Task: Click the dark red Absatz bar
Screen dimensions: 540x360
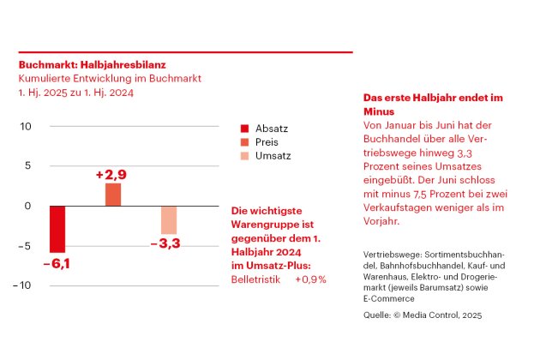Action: (57, 229)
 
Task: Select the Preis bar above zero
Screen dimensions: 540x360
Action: (113, 195)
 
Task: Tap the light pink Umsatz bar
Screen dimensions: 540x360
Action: (169, 220)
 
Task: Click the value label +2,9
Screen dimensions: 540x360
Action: (111, 175)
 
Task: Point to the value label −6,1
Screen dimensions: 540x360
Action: (57, 263)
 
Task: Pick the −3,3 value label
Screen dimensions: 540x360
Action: (165, 243)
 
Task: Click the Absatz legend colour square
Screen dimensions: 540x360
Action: (244, 129)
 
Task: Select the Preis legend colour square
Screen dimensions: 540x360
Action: (244, 142)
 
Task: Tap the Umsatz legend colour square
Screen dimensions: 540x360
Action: (244, 156)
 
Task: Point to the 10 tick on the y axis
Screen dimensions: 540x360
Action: (26, 127)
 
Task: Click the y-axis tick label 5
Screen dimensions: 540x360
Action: (28, 165)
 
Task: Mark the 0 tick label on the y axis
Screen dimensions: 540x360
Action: (27, 206)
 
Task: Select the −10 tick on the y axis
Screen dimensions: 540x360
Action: (21, 285)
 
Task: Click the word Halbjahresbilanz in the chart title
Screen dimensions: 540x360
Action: (123, 65)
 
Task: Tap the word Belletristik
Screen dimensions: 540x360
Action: (256, 279)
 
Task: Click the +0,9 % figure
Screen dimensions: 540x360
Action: (310, 279)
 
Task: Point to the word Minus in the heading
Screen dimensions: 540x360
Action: (379, 111)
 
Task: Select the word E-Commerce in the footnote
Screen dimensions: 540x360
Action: (389, 298)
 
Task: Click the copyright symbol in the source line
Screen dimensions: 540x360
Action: (397, 315)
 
